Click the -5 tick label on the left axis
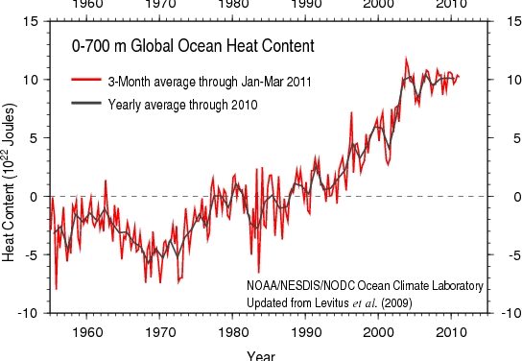pos(32,255)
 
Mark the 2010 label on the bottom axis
pos(451,332)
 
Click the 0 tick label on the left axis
pos(35,197)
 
